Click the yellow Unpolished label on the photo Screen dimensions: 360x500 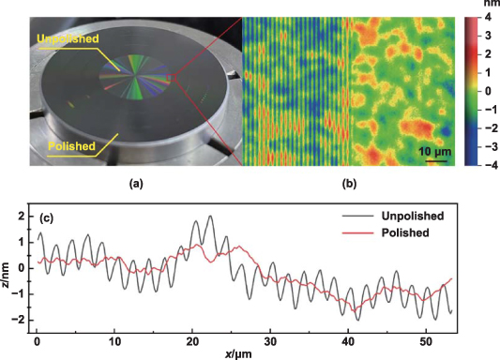[x=68, y=38]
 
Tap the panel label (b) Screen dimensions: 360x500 [x=349, y=182]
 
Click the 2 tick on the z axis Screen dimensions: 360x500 [x=21, y=217]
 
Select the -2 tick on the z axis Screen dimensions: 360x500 [x=19, y=320]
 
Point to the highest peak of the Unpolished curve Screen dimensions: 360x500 [x=209, y=217]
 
